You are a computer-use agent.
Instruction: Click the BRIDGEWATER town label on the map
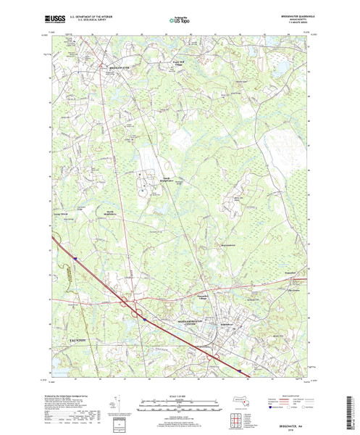click(117, 67)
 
